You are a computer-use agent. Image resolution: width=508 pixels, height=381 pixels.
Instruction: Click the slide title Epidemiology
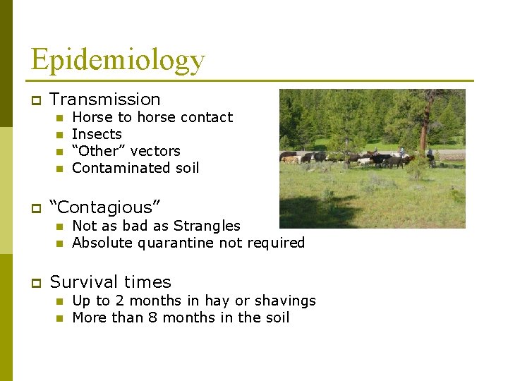coord(117,60)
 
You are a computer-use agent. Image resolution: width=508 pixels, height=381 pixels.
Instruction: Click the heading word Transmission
coord(105,99)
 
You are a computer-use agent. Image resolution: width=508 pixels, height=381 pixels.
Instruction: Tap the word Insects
coord(97,134)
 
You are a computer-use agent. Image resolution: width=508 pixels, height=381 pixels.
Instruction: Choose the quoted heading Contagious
coord(105,207)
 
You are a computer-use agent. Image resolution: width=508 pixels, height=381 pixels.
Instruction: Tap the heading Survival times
coord(111,282)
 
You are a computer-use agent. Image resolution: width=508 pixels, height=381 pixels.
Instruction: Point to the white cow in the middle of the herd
coord(364,160)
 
